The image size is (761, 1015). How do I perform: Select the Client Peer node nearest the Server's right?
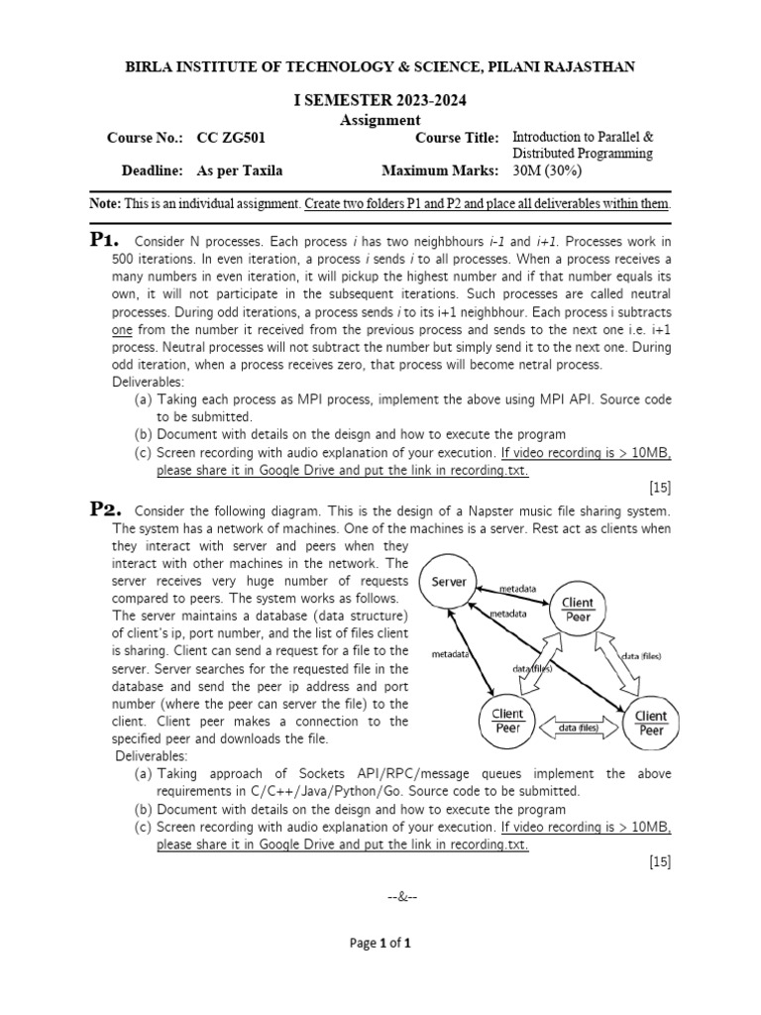coord(577,609)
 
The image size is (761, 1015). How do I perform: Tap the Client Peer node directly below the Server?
coord(508,720)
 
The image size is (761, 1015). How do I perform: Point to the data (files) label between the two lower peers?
coord(580,729)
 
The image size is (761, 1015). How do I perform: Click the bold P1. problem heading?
coord(105,240)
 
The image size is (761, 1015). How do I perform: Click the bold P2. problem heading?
coord(105,509)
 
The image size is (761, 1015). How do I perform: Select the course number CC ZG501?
coord(231,138)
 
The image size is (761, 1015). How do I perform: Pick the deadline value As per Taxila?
coord(240,170)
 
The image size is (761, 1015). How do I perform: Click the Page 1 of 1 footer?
coord(380,944)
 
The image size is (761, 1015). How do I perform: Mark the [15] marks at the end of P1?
coord(660,488)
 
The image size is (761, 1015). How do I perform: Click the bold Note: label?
coord(105,204)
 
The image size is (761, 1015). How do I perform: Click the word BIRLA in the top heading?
coord(146,66)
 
